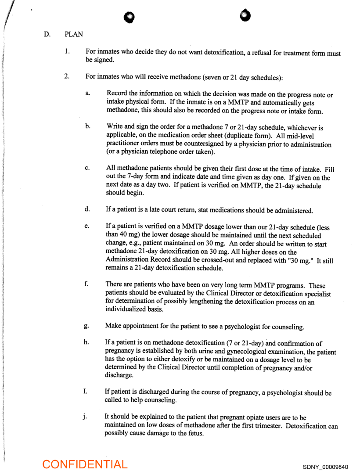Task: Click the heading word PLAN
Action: click(x=73, y=34)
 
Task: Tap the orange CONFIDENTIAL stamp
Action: click(x=85, y=464)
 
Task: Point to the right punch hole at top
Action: click(x=245, y=15)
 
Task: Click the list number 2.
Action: click(x=67, y=76)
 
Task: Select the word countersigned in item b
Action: click(x=196, y=144)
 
